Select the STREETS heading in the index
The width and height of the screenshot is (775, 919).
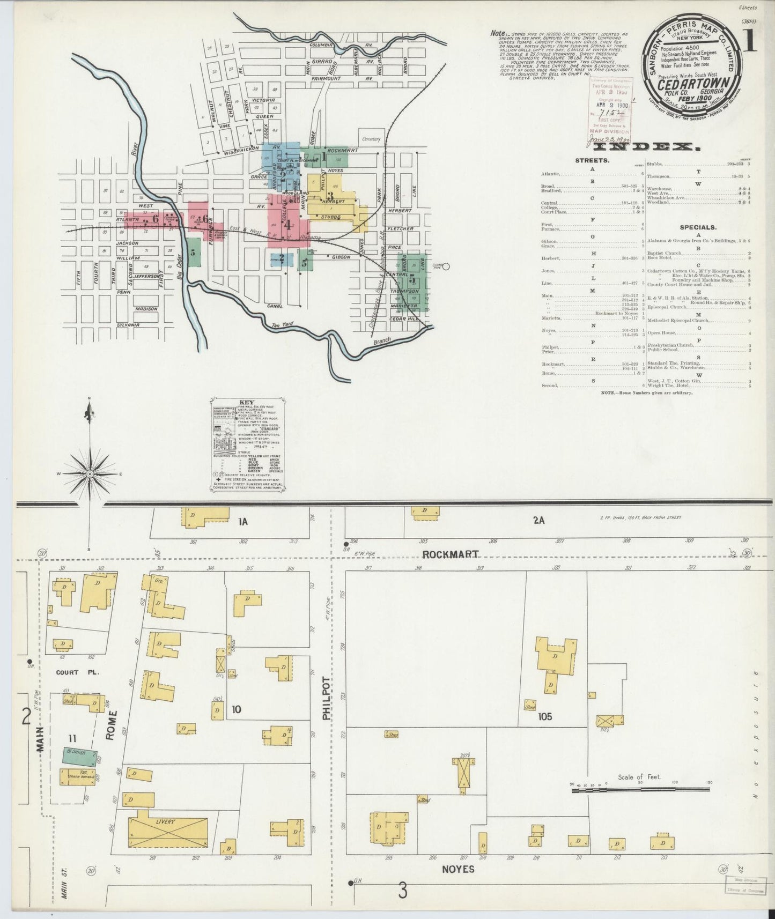tap(592, 160)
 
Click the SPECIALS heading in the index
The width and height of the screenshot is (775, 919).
tap(698, 227)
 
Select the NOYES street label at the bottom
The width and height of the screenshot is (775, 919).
tap(458, 869)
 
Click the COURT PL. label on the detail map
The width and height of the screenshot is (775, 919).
tap(74, 672)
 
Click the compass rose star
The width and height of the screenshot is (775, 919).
tap(90, 474)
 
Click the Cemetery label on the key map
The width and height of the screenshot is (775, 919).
tap(371, 139)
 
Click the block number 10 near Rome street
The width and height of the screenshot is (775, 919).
tap(236, 710)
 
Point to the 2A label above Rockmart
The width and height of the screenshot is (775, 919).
tap(538, 520)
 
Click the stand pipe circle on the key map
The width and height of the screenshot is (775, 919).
tap(445, 266)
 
